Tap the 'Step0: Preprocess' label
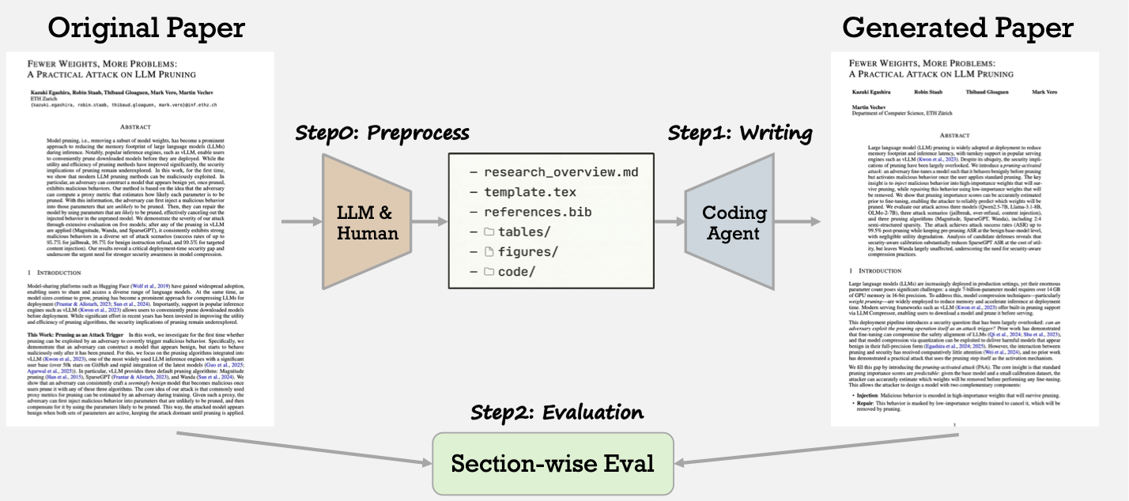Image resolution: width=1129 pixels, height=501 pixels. [x=382, y=132]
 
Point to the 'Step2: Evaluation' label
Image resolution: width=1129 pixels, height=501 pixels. [x=557, y=412]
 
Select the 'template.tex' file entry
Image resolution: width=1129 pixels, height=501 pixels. [x=532, y=193]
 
